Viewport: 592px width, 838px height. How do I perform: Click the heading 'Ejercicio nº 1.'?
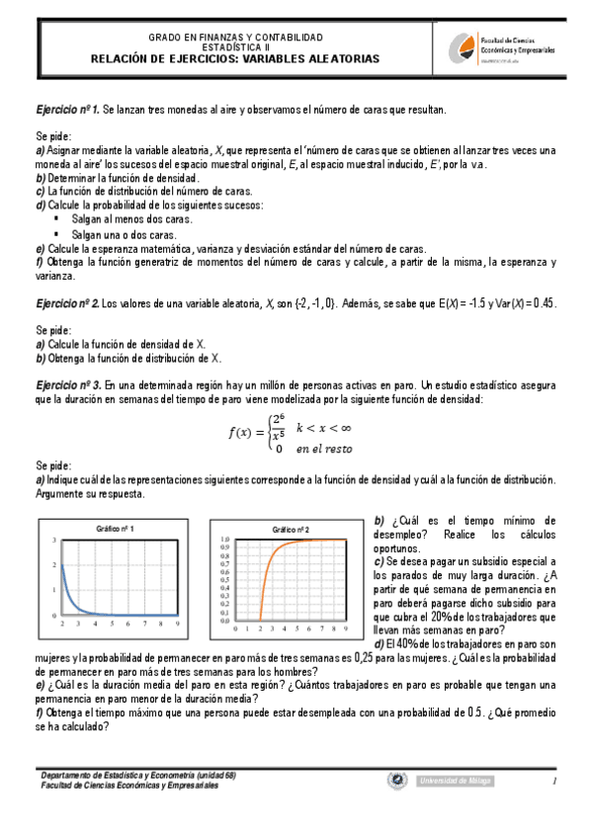pos(68,109)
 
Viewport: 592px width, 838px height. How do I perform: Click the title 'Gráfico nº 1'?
pos(116,529)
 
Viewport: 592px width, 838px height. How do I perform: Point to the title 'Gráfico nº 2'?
pos(292,530)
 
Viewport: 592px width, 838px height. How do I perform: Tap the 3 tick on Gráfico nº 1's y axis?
pos(53,540)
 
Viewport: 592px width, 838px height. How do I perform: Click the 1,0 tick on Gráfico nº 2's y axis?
pos(225,539)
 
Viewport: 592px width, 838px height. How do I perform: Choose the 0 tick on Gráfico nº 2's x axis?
pos(235,627)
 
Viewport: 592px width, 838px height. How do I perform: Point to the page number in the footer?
pos(556,782)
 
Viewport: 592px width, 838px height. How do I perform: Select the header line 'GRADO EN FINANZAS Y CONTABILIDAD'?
pos(235,38)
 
